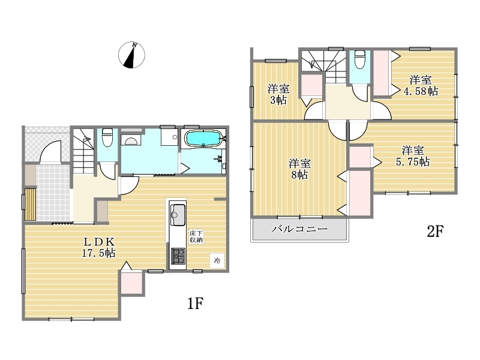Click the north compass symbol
point(131,55)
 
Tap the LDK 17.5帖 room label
point(99,247)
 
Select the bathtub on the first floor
point(203,139)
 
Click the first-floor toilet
point(107,137)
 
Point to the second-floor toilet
point(359,59)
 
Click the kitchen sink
point(178,214)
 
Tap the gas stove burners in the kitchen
point(178,256)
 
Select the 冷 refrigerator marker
point(217,261)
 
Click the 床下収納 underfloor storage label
point(196,236)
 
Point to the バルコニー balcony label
point(299,229)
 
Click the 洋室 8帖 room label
point(299,169)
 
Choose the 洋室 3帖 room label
point(278,94)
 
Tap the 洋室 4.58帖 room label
point(421,85)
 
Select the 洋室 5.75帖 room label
point(413,156)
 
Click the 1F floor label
point(196,303)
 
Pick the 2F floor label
point(435,232)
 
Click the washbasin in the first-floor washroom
point(131,140)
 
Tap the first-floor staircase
point(83,151)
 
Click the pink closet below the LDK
point(131,283)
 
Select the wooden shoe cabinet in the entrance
point(31,204)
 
